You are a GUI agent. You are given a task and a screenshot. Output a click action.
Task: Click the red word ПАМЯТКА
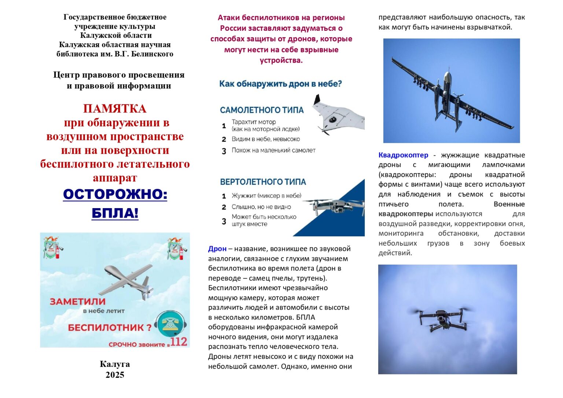tap(115, 108)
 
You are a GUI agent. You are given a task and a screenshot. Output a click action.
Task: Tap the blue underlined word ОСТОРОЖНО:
tap(115, 194)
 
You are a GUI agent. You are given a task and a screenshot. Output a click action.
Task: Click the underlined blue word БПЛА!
tap(115, 213)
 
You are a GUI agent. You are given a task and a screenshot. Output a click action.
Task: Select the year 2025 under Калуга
tap(115, 375)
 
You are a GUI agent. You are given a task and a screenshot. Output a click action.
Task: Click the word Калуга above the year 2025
tap(115, 364)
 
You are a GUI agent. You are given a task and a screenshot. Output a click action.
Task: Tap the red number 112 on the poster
tap(179, 342)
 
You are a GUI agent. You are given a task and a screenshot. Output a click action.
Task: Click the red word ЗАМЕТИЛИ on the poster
tap(78, 302)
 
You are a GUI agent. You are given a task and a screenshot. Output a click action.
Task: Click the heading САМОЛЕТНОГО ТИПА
tap(262, 110)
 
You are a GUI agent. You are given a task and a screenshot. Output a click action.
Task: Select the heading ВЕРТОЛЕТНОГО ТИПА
tap(263, 182)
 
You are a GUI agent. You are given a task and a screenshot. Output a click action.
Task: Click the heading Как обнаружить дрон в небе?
tap(280, 84)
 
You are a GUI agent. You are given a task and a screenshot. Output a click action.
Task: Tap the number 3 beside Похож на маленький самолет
tap(224, 151)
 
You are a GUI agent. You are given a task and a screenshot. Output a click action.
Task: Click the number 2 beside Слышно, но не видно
tap(224, 207)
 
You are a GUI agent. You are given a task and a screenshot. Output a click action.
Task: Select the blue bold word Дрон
tap(217, 249)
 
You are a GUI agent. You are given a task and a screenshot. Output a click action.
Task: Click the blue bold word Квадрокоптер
tap(403, 155)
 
